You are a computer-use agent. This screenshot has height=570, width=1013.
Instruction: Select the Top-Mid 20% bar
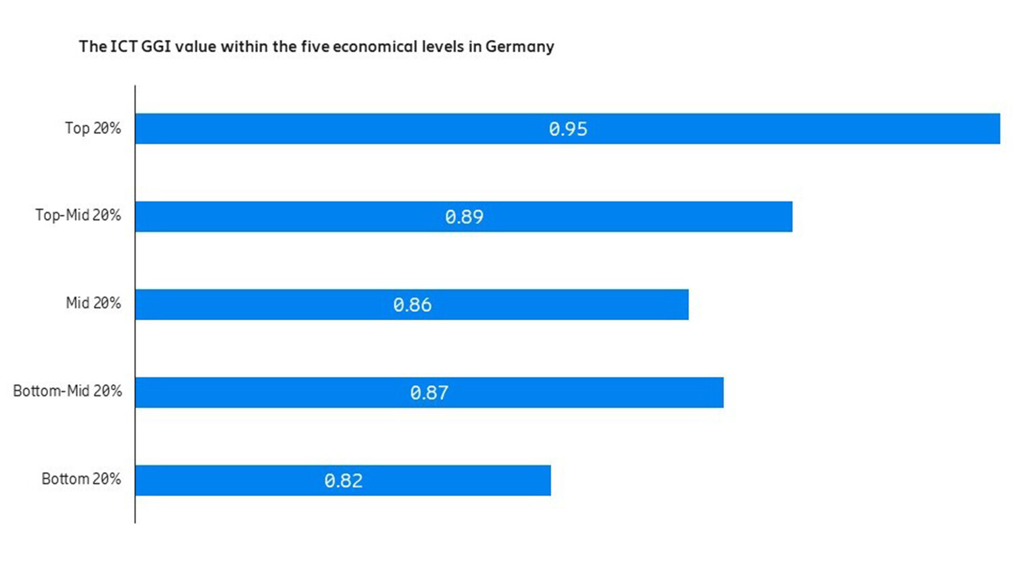pos(642,216)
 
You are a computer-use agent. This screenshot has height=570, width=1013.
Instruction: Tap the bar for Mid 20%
pos(574,305)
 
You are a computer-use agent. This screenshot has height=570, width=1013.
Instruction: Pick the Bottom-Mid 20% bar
pos(594,392)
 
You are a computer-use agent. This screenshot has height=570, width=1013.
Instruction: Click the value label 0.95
pos(568,129)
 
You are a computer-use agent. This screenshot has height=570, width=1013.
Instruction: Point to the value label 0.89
pos(464,217)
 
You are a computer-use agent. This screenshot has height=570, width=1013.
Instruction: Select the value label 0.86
pos(412,305)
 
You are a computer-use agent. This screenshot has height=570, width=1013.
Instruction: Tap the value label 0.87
pos(429,392)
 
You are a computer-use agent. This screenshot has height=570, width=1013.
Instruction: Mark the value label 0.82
pos(343,480)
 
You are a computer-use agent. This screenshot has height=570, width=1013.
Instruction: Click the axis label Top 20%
pos(93,128)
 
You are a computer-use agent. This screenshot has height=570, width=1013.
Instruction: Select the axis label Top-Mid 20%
pos(78,215)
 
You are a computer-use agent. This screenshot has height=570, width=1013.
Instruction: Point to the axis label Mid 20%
pos(93,303)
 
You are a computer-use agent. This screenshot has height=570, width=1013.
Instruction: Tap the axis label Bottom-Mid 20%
pos(68,391)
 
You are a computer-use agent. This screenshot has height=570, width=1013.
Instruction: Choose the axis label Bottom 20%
pos(81,479)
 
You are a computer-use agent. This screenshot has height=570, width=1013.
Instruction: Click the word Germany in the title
pos(519,47)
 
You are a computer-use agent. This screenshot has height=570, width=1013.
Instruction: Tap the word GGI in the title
pos(156,47)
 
